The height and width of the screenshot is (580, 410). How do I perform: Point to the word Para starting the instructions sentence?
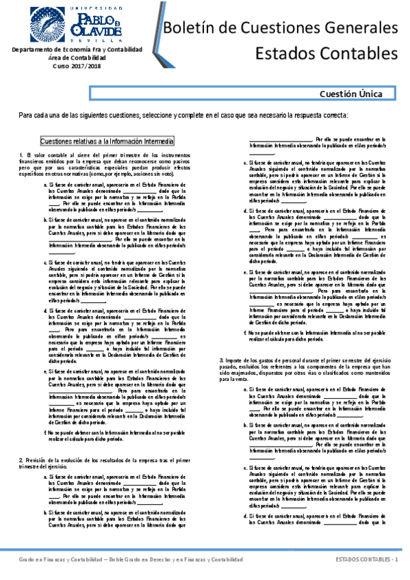[25, 116]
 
